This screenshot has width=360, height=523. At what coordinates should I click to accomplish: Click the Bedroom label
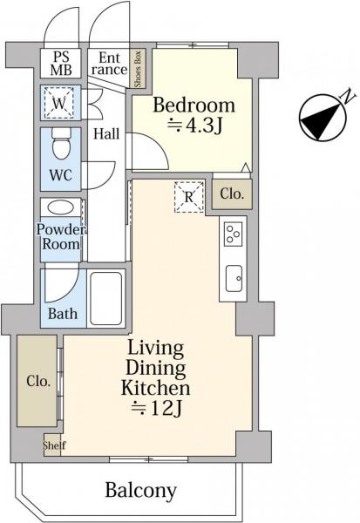pyautogui.click(x=194, y=105)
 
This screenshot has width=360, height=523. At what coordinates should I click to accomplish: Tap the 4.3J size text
pyautogui.click(x=194, y=126)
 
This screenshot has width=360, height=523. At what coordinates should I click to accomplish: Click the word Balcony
pyautogui.click(x=141, y=491)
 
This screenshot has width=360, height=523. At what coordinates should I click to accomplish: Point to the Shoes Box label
pyautogui.click(x=138, y=70)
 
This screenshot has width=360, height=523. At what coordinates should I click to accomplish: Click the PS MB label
pyautogui.click(x=61, y=64)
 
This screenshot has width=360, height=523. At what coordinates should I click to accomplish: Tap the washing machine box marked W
pyautogui.click(x=59, y=103)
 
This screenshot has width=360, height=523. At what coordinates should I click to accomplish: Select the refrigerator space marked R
pyautogui.click(x=189, y=197)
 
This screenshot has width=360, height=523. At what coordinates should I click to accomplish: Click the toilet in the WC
pyautogui.click(x=62, y=143)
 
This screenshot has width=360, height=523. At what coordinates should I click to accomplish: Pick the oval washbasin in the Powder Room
pyautogui.click(x=61, y=207)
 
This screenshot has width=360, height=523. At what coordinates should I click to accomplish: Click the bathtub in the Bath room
pyautogui.click(x=106, y=298)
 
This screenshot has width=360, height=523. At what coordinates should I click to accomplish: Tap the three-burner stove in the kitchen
pyautogui.click(x=234, y=234)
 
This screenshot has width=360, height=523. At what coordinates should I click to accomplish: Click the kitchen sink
pyautogui.click(x=234, y=278)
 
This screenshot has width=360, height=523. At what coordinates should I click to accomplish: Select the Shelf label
pyautogui.click(x=54, y=445)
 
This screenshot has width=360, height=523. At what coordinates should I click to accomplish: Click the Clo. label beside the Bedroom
pyautogui.click(x=232, y=194)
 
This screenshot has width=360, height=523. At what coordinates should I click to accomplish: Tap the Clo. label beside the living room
pyautogui.click(x=38, y=381)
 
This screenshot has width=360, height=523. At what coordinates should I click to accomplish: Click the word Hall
pyautogui.click(x=106, y=133)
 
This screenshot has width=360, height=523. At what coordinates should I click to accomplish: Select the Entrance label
pyautogui.click(x=109, y=64)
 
